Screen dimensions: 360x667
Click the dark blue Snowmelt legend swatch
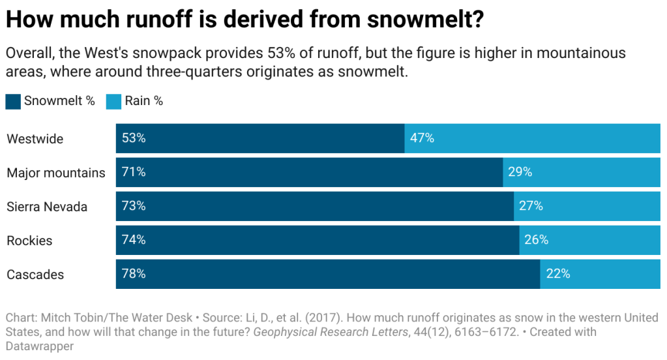pos(13,101)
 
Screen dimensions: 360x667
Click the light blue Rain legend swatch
pos(113,101)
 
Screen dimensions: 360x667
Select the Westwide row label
pos(35,139)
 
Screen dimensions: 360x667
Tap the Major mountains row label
pos(56,173)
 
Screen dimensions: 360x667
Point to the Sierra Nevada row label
pos(47,207)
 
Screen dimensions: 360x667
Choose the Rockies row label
pos(29,241)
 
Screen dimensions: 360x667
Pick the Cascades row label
pos(35,275)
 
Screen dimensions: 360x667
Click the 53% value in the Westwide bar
pos(134,138)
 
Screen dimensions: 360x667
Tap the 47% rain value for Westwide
pos(422,138)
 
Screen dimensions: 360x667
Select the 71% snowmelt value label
pos(134,172)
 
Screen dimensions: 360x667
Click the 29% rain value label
pos(520,172)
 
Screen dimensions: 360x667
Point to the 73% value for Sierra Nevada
pos(134,206)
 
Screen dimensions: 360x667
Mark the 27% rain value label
pos(531,206)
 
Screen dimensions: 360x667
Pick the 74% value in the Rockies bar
pos(134,240)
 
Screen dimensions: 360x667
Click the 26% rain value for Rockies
pos(536,240)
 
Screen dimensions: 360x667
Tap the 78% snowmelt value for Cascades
pos(134,274)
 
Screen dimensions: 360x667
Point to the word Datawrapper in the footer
pos(40,346)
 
